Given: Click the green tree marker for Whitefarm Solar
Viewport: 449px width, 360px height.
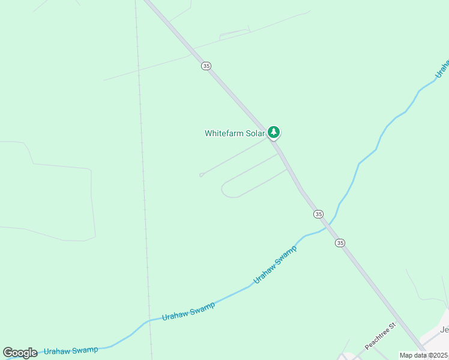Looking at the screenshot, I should coord(274,132).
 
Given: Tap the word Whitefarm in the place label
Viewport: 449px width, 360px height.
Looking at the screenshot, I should coord(224,133).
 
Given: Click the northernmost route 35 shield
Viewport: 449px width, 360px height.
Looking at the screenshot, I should coord(206,66).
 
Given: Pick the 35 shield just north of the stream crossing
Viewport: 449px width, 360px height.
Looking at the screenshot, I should coord(318,214).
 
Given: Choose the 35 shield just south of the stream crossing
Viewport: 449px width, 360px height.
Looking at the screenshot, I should coord(340,242).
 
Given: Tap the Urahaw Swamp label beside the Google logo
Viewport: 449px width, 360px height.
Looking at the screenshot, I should coord(71,350).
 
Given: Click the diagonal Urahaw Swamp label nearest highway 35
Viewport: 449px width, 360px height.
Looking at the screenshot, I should coord(275,265).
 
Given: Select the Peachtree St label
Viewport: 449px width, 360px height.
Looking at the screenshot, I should coord(381,336).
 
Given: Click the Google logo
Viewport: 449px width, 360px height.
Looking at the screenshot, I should coord(20,353).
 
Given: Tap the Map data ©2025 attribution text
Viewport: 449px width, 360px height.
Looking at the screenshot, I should coord(423,355).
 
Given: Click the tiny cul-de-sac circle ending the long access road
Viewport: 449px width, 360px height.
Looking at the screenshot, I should coord(201,175).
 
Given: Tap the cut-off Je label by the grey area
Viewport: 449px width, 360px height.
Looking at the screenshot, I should coord(444,329).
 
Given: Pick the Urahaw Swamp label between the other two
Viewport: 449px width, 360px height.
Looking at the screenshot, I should coord(188,311).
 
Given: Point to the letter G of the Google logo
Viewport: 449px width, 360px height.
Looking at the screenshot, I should coord(8,353).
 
